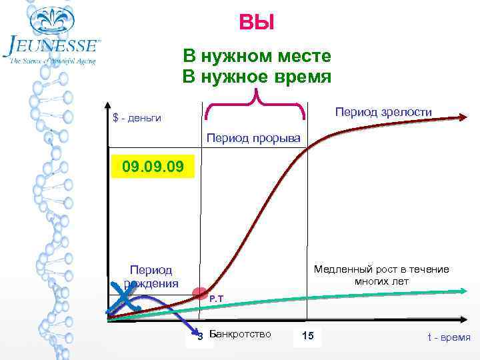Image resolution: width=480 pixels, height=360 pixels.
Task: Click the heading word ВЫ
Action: coord(256,24)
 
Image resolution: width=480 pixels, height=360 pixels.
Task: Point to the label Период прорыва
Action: coord(253,138)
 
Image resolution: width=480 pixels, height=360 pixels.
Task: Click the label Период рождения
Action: coord(151,277)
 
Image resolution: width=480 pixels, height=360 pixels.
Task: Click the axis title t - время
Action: coord(449,337)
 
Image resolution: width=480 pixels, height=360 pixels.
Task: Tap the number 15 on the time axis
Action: coord(307,335)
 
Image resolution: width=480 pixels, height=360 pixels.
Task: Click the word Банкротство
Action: coord(240,333)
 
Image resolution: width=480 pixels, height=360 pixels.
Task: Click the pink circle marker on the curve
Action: coord(200,293)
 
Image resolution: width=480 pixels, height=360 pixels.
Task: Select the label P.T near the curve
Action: coord(216,299)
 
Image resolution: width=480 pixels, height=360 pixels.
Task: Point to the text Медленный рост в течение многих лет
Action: coord(381,275)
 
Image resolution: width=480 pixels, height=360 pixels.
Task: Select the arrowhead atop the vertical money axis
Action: coord(107,105)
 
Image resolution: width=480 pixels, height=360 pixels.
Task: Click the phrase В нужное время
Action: coord(257,77)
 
